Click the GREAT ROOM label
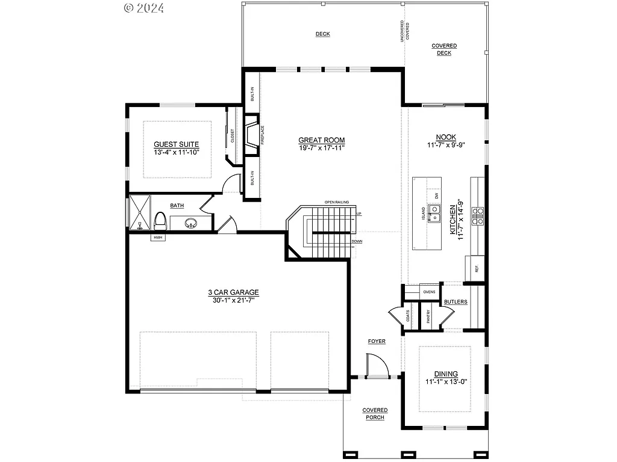click(x=321, y=140)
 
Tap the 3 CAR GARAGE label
click(x=234, y=292)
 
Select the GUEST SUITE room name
click(x=176, y=144)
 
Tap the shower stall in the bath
click(x=139, y=214)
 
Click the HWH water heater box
click(x=158, y=238)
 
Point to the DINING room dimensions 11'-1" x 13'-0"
click(x=446, y=381)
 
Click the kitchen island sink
click(x=435, y=213)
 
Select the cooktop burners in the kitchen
click(x=478, y=215)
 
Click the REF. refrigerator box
click(x=475, y=268)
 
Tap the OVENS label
click(x=429, y=292)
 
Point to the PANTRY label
click(x=428, y=316)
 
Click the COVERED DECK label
click(x=444, y=49)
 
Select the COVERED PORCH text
click(x=375, y=414)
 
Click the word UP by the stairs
click(x=359, y=214)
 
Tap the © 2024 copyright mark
click(x=144, y=8)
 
